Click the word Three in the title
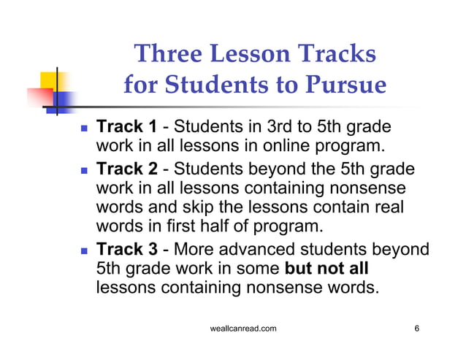click(170, 54)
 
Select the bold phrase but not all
click(337, 268)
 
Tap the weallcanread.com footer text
click(242, 329)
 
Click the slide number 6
click(416, 329)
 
